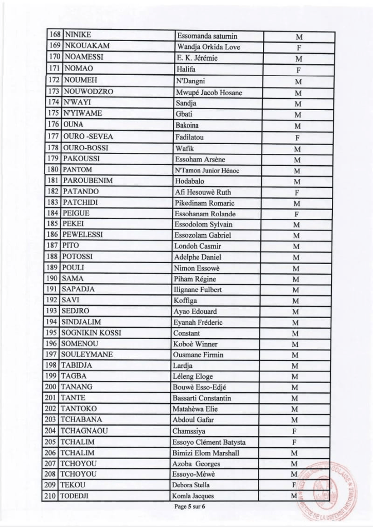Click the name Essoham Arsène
tap(200, 160)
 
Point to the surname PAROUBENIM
tap(87, 181)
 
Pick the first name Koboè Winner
tap(196, 344)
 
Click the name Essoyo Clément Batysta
tap(209, 442)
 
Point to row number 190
tap(52, 278)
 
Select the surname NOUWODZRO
tap(87, 92)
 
